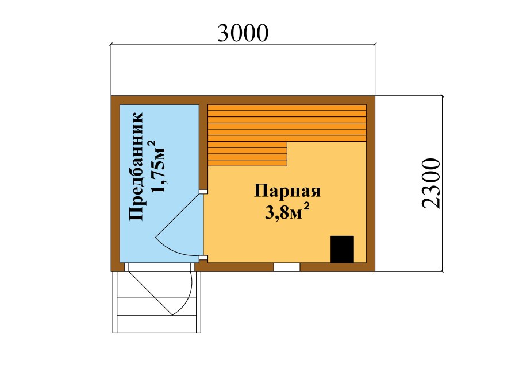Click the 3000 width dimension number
click(x=243, y=33)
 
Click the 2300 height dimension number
click(x=430, y=182)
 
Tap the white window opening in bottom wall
click(x=286, y=267)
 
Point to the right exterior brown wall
click(x=371, y=184)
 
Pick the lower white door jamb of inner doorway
click(x=203, y=258)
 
